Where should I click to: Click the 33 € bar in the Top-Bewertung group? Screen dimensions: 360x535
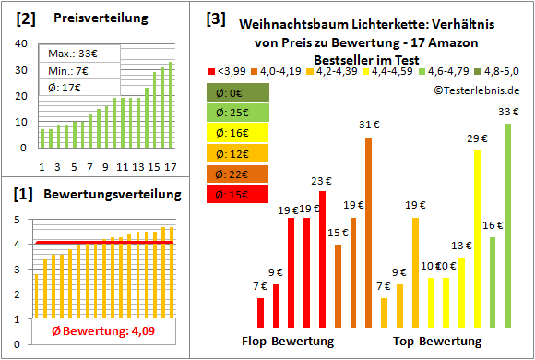click(507, 225)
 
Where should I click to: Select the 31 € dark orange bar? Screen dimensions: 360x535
click(368, 232)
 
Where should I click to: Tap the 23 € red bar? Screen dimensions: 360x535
click(322, 258)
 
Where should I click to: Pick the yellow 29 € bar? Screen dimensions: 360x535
click(477, 238)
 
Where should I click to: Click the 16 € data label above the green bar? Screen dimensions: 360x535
click(493, 225)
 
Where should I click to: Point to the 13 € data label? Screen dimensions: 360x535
click(461, 246)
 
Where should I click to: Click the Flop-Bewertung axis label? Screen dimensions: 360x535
click(287, 341)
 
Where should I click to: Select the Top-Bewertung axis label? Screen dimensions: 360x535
click(437, 341)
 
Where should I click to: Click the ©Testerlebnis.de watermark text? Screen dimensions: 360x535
click(474, 90)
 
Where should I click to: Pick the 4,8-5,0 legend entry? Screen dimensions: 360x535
click(498, 70)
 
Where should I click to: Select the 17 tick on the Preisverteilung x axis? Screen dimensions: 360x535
click(170, 166)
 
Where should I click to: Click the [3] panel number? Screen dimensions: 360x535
click(215, 18)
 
